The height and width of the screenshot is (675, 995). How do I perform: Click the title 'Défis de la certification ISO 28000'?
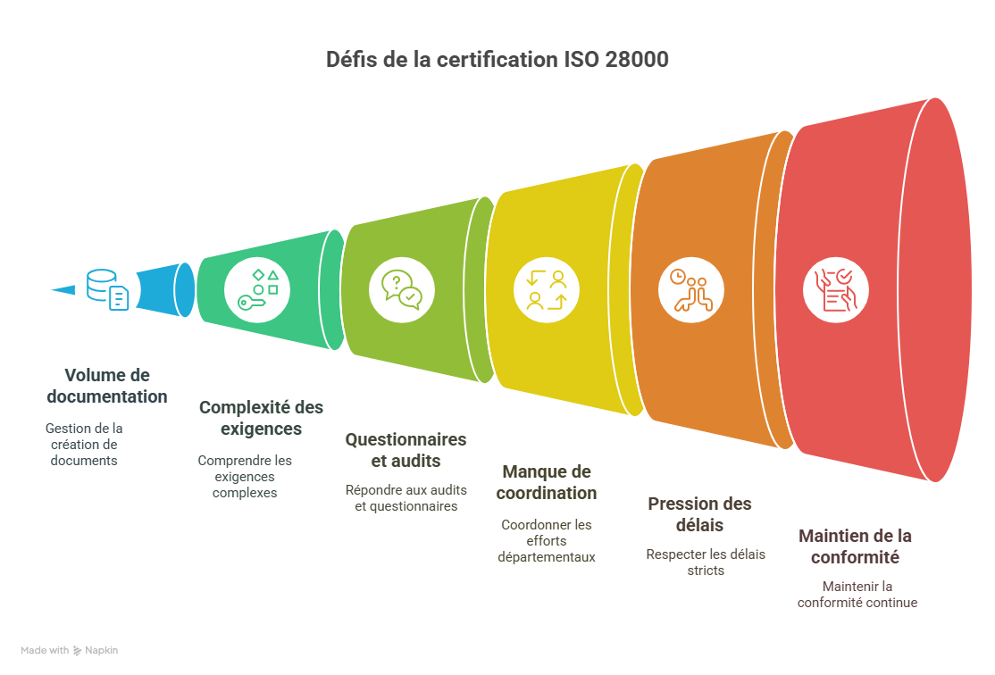pyautogui.click(x=497, y=61)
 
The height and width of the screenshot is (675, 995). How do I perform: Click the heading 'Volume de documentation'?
pyautogui.click(x=107, y=385)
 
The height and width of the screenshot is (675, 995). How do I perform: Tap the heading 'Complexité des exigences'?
pyautogui.click(x=261, y=418)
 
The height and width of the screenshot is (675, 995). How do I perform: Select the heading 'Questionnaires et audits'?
pyautogui.click(x=406, y=450)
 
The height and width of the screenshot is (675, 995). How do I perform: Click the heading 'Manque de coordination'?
pyautogui.click(x=547, y=482)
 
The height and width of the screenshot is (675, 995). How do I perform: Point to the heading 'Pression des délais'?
pyautogui.click(x=699, y=514)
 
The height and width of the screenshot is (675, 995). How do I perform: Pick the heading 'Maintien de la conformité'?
pyautogui.click(x=855, y=546)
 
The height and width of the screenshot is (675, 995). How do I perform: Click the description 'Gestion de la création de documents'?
pyautogui.click(x=84, y=445)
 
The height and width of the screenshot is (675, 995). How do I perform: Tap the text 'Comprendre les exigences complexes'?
pyautogui.click(x=245, y=476)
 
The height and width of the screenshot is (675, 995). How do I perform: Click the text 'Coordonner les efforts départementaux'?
pyautogui.click(x=547, y=540)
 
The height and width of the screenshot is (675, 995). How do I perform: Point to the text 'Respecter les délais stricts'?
pyautogui.click(x=706, y=562)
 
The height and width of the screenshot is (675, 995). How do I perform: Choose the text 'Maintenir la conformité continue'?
pyautogui.click(x=857, y=594)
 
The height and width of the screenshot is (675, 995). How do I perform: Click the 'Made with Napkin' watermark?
pyautogui.click(x=70, y=651)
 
